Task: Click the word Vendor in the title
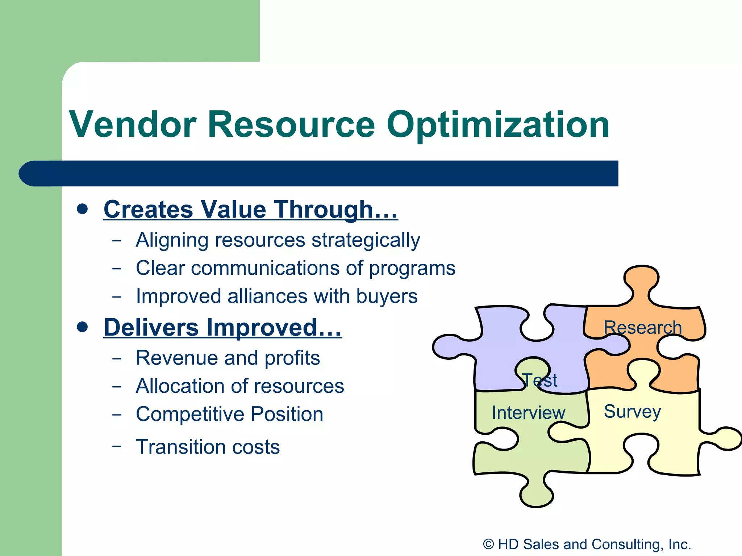click(x=133, y=125)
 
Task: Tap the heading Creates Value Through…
click(x=251, y=210)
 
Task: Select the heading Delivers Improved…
click(x=222, y=328)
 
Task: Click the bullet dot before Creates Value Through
click(x=83, y=209)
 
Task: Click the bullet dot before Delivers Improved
click(x=83, y=327)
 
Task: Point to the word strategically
click(x=366, y=241)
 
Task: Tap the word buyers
click(x=387, y=296)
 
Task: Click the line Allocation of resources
click(x=240, y=386)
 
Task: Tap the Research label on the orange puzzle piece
click(x=643, y=328)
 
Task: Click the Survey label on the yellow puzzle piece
click(x=632, y=412)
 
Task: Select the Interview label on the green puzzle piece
click(x=528, y=413)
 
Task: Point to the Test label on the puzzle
click(x=540, y=380)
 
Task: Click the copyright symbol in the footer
click(x=488, y=544)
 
